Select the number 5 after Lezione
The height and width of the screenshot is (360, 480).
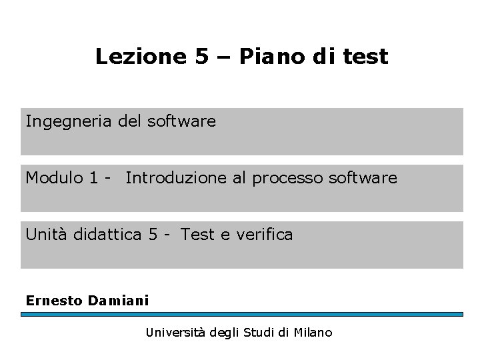point(202,57)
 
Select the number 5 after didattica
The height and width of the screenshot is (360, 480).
point(153,234)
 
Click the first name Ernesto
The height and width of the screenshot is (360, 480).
point(53,300)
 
